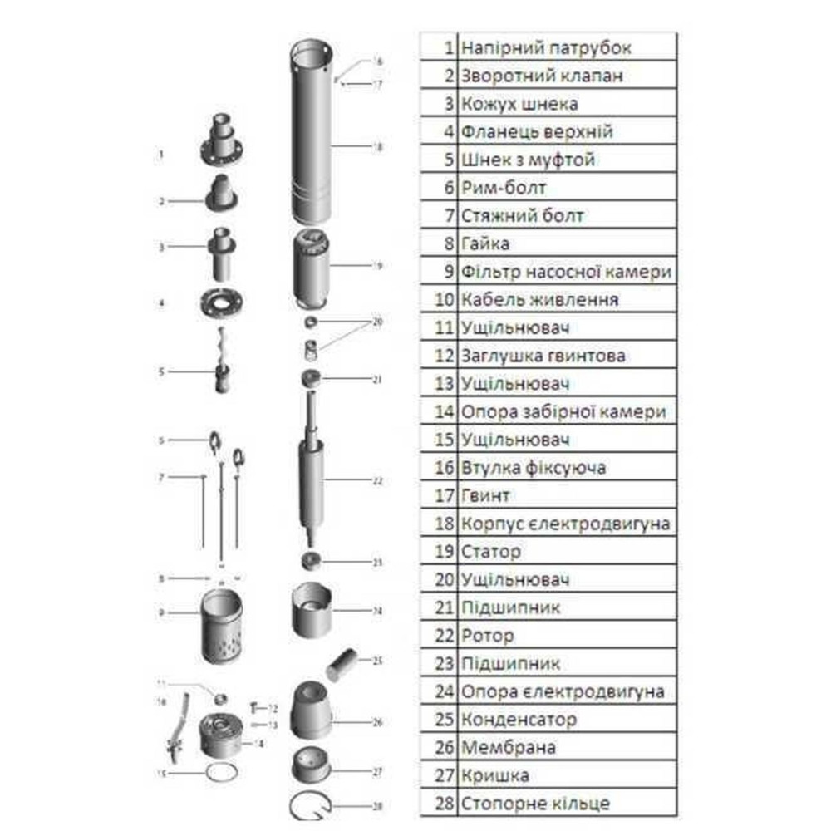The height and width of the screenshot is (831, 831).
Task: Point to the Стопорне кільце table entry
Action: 535,804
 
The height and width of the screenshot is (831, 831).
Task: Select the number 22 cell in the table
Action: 445,636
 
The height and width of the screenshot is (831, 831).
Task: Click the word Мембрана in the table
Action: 508,748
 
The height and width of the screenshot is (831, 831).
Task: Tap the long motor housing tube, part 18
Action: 312,133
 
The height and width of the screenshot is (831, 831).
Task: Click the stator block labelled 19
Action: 312,266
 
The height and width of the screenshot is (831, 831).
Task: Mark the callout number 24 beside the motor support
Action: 377,611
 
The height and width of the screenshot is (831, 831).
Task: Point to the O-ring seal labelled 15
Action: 220,772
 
